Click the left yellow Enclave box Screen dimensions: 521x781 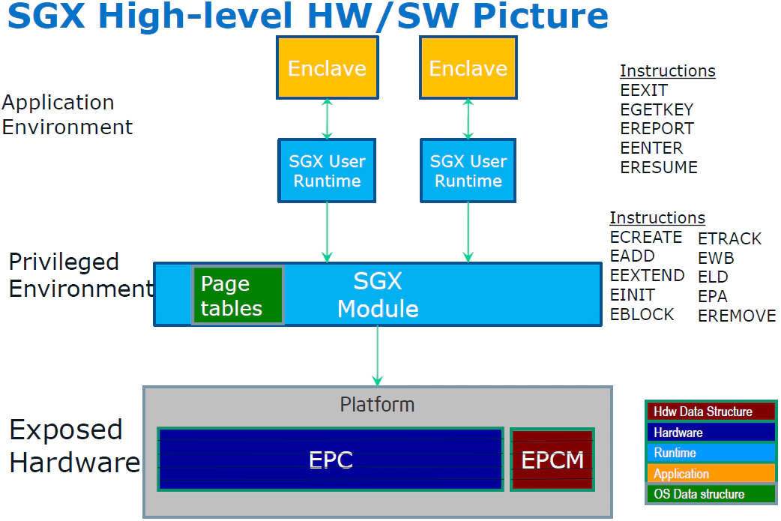(x=327, y=68)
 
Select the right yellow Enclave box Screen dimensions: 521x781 (x=468, y=68)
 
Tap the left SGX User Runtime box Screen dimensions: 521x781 (x=327, y=171)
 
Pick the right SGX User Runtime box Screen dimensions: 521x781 (x=468, y=171)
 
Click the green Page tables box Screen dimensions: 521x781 (x=238, y=295)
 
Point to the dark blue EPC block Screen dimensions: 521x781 (x=330, y=460)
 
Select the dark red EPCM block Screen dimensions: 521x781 (x=552, y=460)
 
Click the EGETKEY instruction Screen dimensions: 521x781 (x=657, y=109)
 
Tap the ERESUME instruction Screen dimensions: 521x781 (x=659, y=167)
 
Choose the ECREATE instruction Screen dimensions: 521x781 (x=646, y=237)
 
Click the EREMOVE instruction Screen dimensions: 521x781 (x=737, y=316)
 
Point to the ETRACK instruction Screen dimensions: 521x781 (x=729, y=238)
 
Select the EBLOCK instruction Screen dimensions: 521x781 (x=642, y=314)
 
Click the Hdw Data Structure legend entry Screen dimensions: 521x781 (x=710, y=412)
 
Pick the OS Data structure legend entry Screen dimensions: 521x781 (x=710, y=494)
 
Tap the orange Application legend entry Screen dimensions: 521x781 (x=710, y=474)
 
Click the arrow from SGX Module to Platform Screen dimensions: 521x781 (x=377, y=356)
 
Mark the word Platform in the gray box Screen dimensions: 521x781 (x=377, y=405)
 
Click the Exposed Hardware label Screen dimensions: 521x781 (x=73, y=446)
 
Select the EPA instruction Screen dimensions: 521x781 (x=712, y=296)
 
